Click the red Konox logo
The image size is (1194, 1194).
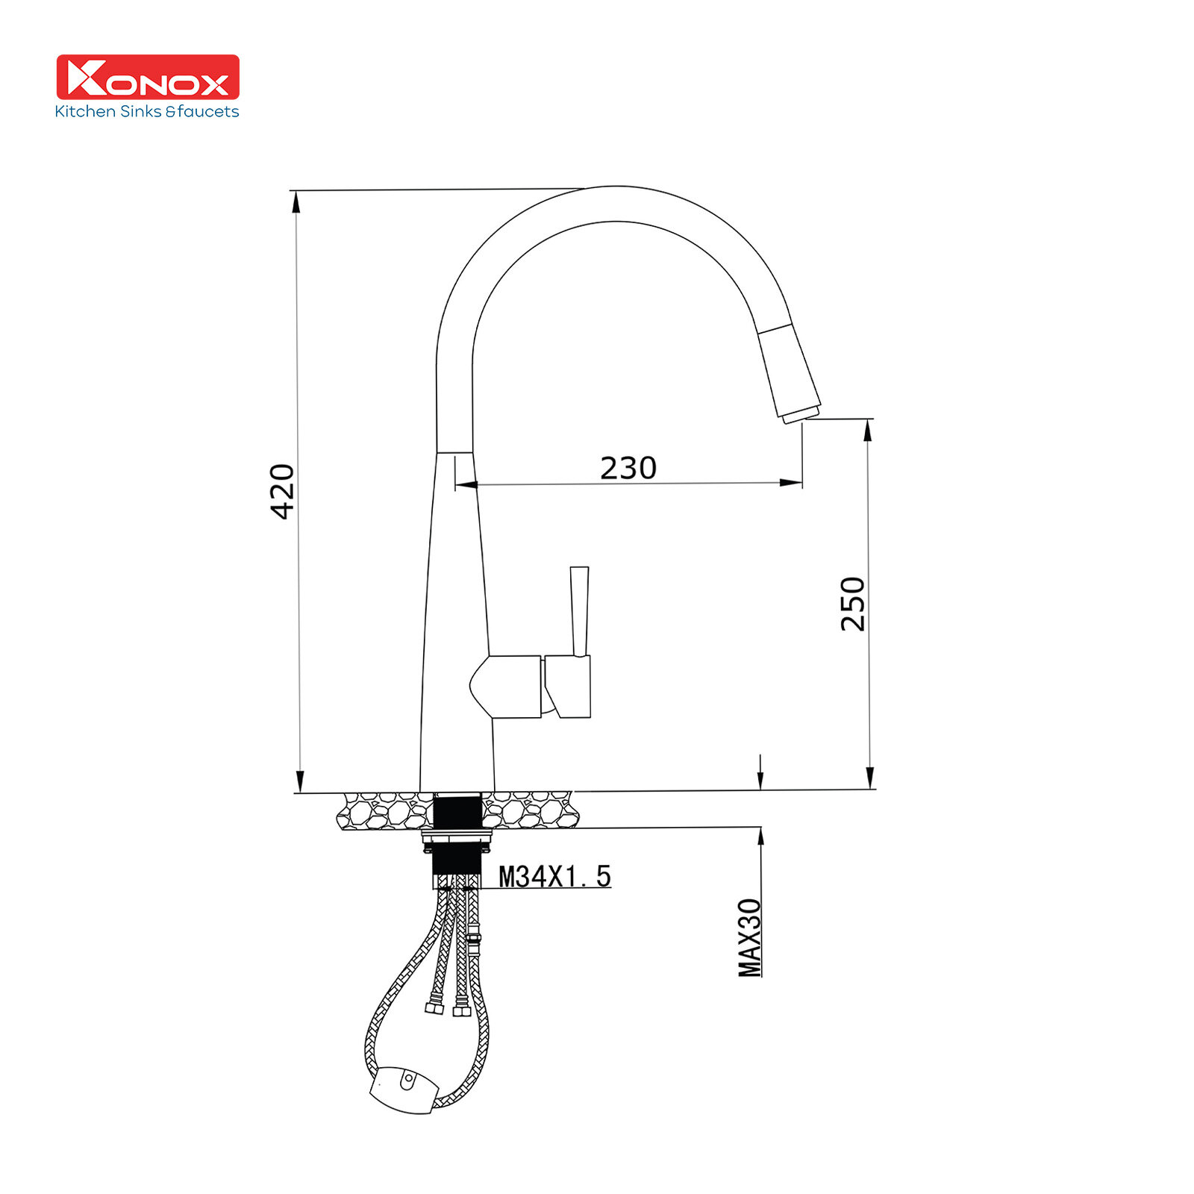pos(148,77)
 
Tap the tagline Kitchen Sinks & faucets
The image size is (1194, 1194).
pos(147,112)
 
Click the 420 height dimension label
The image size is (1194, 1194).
pos(283,491)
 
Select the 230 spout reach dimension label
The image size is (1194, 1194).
pos(628,468)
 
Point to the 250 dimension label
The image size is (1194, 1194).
pos(853,604)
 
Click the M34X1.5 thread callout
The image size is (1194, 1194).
pos(554,876)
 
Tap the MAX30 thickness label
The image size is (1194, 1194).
pos(750,937)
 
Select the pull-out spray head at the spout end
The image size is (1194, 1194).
pos(790,373)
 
